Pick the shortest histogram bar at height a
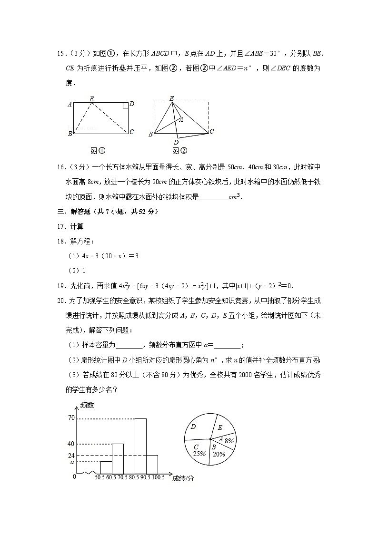(x=106, y=467)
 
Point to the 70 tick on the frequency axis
(x=71, y=418)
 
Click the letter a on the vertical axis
(x=72, y=462)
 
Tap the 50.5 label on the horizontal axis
(x=100, y=477)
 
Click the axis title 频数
(x=87, y=406)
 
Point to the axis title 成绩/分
(x=183, y=479)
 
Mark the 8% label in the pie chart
(x=229, y=441)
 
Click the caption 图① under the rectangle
(x=98, y=151)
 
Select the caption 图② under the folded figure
(x=179, y=151)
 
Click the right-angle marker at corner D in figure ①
(x=125, y=106)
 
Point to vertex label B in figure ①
(x=70, y=134)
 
